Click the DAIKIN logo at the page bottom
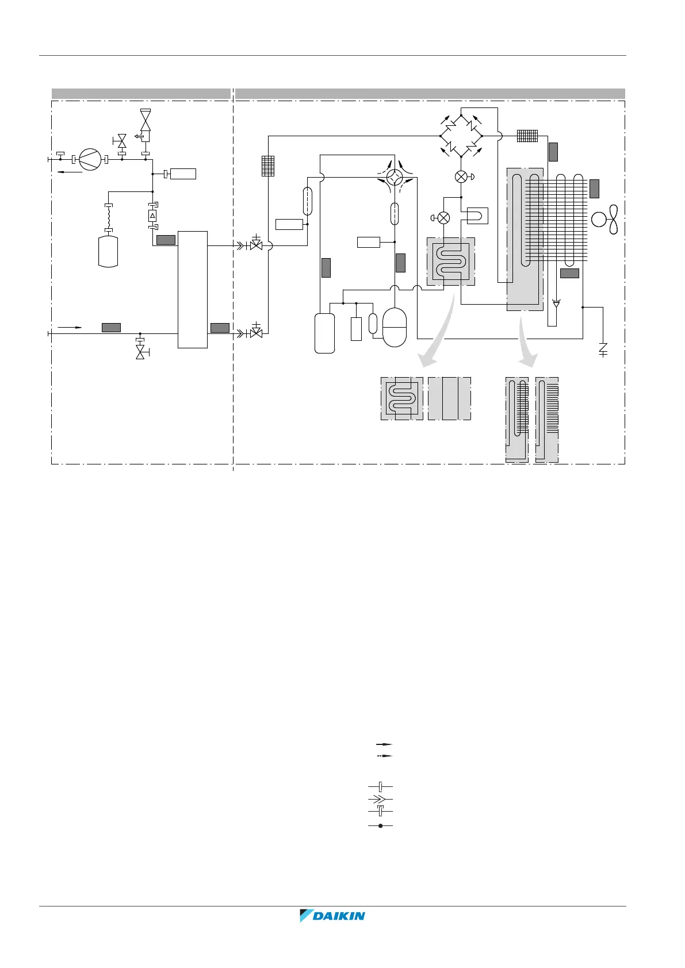tap(332, 916)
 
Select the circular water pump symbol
tap(90, 159)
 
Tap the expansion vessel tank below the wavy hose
tap(108, 251)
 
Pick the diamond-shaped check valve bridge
tap(461, 136)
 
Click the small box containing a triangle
tap(152, 216)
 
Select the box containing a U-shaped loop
tap(477, 216)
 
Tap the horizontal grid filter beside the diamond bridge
tap(527, 136)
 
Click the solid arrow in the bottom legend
tap(380, 744)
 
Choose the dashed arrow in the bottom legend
tap(380, 756)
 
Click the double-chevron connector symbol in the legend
tap(380, 798)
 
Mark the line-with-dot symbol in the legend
tap(380, 825)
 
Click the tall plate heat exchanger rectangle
tap(193, 289)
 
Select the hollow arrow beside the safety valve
tap(138, 136)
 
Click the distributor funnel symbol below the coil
tap(556, 303)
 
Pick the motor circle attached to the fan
tap(599, 219)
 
